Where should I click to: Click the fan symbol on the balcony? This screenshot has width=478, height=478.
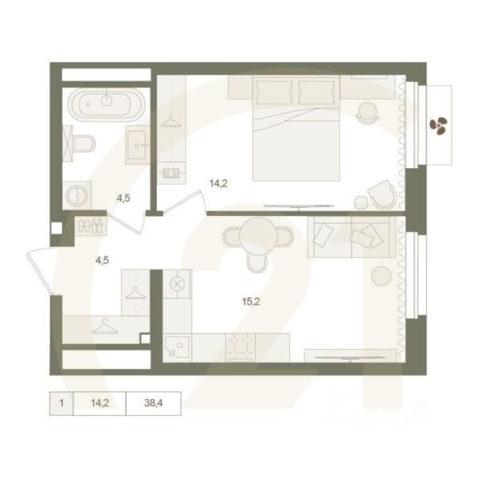[x=437, y=123]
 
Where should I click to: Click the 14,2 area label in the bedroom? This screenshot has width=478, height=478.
[x=218, y=183]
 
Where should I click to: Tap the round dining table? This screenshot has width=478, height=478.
[x=256, y=237]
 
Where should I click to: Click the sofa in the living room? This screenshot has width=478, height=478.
[x=351, y=237]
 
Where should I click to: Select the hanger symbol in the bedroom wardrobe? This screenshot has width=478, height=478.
[x=170, y=120]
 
